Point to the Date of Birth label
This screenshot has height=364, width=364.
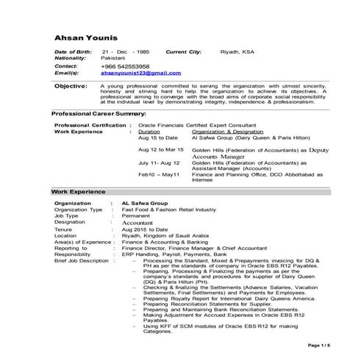pos(74,54)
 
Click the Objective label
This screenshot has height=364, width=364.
pos(73,87)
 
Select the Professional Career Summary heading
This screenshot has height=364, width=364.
pos(98,115)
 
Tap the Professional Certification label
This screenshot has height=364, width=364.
pos(88,126)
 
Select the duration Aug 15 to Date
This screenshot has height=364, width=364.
pos(158,138)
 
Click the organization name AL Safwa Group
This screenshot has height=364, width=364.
pos(145,202)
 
